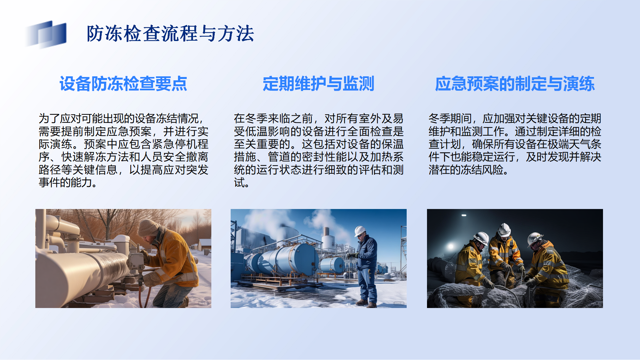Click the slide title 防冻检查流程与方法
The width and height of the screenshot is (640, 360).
(170, 34)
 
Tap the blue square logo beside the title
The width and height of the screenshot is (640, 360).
(46, 34)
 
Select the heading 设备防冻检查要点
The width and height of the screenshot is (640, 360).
(123, 84)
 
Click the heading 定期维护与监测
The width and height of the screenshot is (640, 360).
(318, 84)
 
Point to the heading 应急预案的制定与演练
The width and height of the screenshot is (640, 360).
(515, 84)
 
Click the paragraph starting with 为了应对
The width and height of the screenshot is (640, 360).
(123, 150)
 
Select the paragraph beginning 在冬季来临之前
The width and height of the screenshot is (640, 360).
(319, 150)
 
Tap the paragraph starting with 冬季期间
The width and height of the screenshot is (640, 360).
(515, 144)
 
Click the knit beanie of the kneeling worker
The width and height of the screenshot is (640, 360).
(148, 227)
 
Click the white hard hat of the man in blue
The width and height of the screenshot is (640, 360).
(360, 231)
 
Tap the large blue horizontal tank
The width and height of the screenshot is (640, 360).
(287, 259)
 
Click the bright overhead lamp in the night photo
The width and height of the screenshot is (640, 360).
(464, 215)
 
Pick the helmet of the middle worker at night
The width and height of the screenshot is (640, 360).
(504, 230)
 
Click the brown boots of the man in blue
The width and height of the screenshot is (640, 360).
(366, 304)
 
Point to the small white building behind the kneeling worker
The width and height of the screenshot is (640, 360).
(204, 244)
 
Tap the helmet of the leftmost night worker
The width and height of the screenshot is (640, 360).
(481, 238)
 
